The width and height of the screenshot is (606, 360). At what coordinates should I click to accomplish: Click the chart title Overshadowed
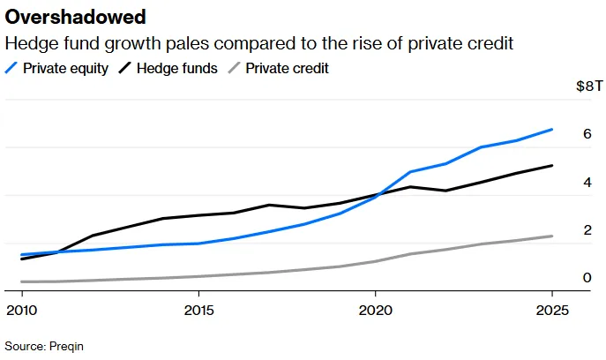tap(75, 17)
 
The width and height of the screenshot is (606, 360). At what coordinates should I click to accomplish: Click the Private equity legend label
tap(65, 69)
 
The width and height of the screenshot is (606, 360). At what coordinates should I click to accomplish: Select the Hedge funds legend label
tap(177, 69)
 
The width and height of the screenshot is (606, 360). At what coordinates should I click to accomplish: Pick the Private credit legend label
tap(287, 69)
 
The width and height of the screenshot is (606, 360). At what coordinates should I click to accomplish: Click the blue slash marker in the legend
tap(11, 68)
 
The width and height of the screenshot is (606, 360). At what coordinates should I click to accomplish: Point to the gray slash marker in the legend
tap(235, 68)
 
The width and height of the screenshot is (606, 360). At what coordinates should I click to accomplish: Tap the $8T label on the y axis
tap(589, 86)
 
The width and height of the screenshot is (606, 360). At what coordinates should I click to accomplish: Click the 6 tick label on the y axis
tap(587, 134)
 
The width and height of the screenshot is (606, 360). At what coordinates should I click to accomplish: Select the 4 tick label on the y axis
tap(587, 182)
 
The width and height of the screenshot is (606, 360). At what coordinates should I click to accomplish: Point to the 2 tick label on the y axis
tap(587, 230)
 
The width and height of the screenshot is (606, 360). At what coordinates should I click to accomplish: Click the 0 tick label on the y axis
tap(587, 278)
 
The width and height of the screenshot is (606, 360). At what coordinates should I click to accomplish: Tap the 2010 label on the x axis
tap(22, 310)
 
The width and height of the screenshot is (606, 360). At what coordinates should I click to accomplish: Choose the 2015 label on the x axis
tap(198, 310)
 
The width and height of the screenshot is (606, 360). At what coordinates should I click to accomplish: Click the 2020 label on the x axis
tap(375, 310)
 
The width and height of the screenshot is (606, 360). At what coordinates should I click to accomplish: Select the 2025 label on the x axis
tap(552, 310)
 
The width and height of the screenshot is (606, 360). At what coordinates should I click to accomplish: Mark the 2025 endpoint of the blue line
tap(552, 130)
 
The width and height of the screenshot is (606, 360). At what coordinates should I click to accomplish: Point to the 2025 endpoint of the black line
tap(552, 166)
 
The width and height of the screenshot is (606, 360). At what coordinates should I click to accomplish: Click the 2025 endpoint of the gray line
tap(552, 236)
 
